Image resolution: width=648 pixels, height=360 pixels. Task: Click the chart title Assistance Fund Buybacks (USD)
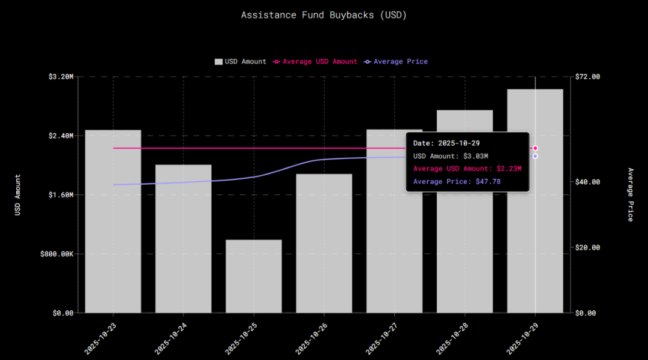tap(324, 15)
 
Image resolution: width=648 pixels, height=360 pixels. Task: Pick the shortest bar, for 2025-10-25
tap(254, 276)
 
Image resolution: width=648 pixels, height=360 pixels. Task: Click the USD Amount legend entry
tap(241, 62)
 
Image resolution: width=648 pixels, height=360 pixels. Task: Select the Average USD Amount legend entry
tap(316, 62)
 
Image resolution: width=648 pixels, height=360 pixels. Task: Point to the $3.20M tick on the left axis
tap(61, 77)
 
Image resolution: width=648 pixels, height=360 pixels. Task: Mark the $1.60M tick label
tap(61, 195)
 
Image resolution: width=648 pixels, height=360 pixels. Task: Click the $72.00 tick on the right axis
tap(587, 77)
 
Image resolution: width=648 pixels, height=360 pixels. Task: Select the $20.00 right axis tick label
tap(587, 247)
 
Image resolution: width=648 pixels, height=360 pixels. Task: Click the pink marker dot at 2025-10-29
tap(535, 148)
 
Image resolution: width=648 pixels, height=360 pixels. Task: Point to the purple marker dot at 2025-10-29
tap(535, 156)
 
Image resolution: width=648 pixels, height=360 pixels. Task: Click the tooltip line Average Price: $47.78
tap(457, 181)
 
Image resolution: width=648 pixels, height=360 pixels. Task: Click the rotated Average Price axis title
tap(630, 195)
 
